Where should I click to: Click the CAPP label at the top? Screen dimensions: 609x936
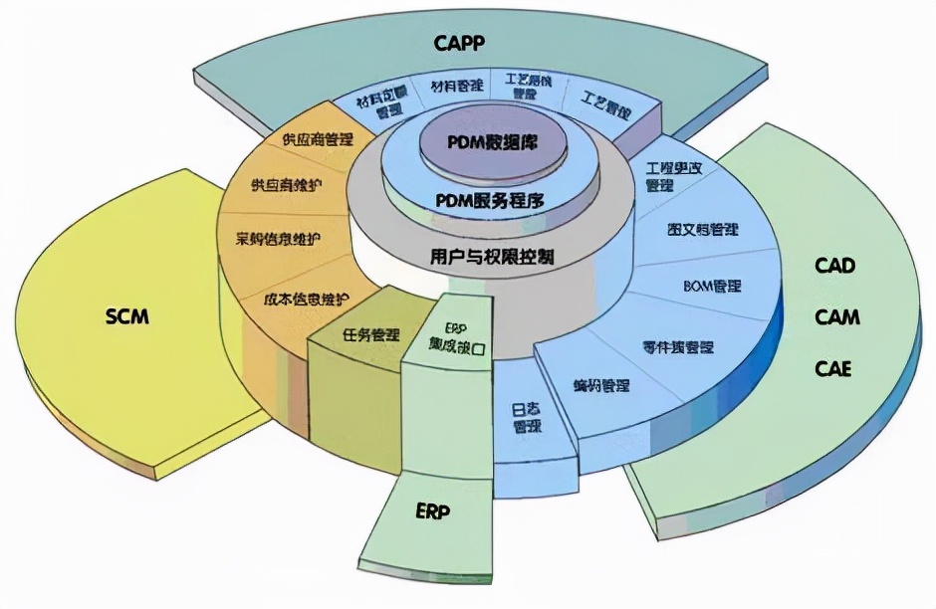tap(465, 43)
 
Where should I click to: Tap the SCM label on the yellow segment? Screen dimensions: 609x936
tap(126, 316)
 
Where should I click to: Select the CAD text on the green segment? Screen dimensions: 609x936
tap(834, 266)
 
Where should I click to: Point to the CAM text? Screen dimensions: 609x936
tap(836, 317)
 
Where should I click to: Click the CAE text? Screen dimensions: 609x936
tap(833, 369)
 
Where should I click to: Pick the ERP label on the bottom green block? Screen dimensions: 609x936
tap(433, 512)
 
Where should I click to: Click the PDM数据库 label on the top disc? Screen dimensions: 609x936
tap(492, 142)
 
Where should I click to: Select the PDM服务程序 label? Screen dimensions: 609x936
tap(490, 200)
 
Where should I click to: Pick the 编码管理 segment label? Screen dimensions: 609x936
tap(600, 384)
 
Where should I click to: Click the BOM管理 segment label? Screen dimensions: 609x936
tap(712, 287)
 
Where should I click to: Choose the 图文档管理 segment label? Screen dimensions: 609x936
tap(702, 229)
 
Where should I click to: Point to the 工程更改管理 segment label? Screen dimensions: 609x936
tap(673, 176)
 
